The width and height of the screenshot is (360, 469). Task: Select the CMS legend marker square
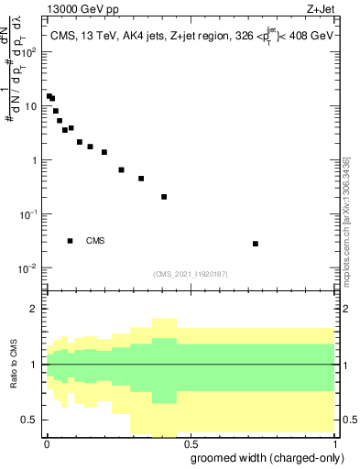71,241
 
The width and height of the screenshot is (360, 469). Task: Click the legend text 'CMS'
95,241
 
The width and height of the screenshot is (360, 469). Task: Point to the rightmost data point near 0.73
256,244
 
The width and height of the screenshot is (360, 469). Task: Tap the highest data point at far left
49,96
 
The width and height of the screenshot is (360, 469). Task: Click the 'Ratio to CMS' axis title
13,365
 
